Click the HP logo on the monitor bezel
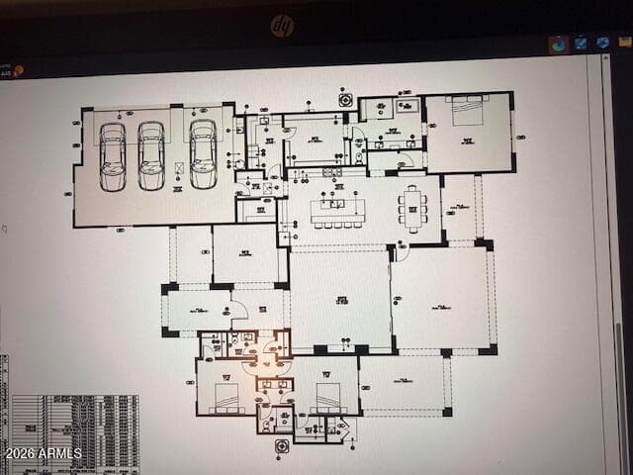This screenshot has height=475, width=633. [282, 26]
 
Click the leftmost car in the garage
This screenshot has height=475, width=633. [113, 156]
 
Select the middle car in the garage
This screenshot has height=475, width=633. [151, 156]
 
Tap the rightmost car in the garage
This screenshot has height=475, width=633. [203, 154]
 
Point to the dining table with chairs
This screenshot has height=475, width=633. [413, 209]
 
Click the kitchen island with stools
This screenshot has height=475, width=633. [337, 211]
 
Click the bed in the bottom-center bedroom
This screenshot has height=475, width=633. [328, 397]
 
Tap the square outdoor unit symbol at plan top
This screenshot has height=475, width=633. [345, 99]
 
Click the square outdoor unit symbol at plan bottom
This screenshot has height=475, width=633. [282, 446]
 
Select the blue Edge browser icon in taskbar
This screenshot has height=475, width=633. [559, 44]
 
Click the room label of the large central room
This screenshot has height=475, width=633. [341, 300]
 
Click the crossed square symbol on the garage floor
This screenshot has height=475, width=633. [179, 168]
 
